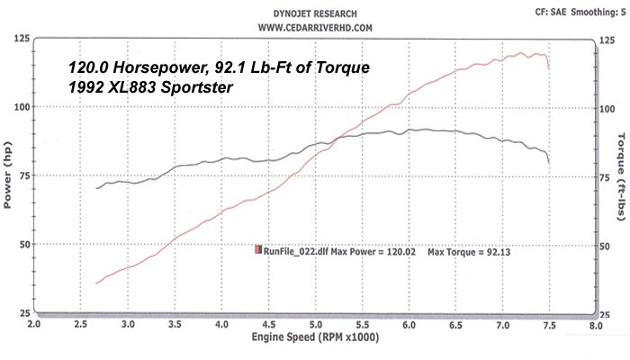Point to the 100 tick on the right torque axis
[607, 108]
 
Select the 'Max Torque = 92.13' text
[469, 251]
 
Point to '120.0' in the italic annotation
[90, 67]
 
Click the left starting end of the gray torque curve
[96, 188]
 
